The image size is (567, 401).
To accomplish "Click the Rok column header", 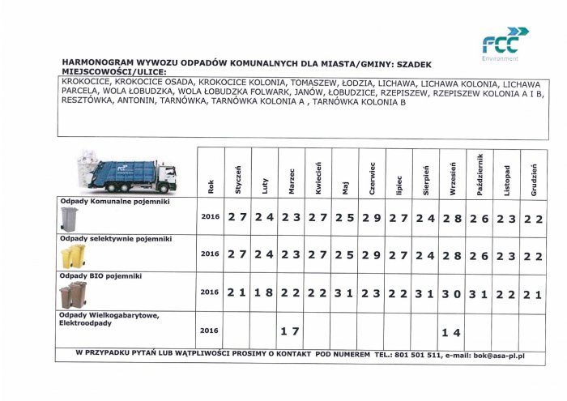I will pyautogui.click(x=210, y=186).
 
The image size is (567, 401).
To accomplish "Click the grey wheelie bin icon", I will pyautogui.click(x=69, y=217).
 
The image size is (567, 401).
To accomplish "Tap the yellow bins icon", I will pyautogui.click(x=73, y=257).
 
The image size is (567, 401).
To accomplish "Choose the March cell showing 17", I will pyautogui.click(x=291, y=331).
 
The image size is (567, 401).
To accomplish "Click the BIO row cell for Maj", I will pyautogui.click(x=345, y=292).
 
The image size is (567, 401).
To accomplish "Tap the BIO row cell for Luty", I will pyautogui.click(x=264, y=292).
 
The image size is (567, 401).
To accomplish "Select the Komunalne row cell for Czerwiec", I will pyautogui.click(x=372, y=217).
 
